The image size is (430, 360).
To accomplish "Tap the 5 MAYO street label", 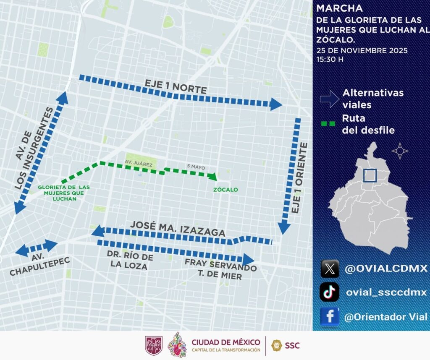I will [196, 167].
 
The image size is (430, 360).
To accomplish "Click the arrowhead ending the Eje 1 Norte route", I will [276, 104].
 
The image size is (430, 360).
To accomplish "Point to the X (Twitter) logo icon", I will [330, 269].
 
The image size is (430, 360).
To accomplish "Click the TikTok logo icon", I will [330, 292].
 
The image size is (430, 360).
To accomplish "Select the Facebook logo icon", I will [330, 317].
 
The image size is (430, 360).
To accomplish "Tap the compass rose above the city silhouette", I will [400, 150].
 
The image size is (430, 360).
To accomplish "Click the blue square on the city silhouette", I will [370, 175].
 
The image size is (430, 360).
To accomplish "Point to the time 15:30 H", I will [330, 59].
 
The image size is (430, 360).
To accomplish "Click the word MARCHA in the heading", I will [340, 8].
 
